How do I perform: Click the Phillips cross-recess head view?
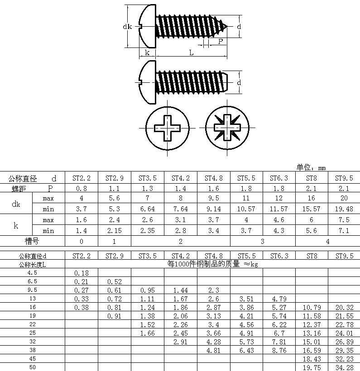coord(167,129)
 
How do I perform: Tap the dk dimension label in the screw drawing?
coord(127,26)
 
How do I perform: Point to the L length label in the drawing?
coord(191,53)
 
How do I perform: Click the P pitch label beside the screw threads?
coord(221,41)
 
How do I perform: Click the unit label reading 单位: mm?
coord(311,167)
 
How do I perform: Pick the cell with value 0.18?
coord(82,273)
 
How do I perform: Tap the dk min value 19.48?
coord(344,209)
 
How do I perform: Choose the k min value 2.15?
coord(115,231)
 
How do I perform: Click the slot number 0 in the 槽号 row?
coord(82,241)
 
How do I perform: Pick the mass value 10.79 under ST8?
coord(312,307)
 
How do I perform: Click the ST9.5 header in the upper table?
coord(344,178)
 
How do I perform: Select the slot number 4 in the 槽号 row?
coord(328,241)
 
